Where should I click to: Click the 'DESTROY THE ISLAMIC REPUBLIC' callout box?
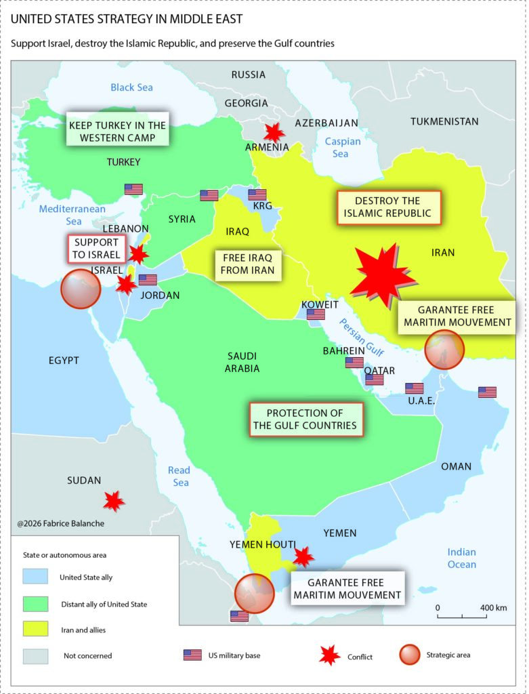click(x=388, y=207)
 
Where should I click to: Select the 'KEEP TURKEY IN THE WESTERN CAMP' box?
click(x=117, y=131)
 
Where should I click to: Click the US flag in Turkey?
click(x=133, y=189)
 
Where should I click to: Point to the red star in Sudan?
click(x=114, y=501)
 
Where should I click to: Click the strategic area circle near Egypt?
click(x=81, y=289)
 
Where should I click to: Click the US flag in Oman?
click(x=487, y=392)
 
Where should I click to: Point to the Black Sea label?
click(x=131, y=87)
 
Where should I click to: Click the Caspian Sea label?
click(x=342, y=148)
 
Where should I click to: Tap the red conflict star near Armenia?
click(x=274, y=132)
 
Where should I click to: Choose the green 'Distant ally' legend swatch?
click(x=35, y=603)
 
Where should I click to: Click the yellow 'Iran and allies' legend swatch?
click(x=35, y=630)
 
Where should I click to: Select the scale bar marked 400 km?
click(x=463, y=615)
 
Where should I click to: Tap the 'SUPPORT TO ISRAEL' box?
click(x=96, y=249)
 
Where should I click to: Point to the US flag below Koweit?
click(x=316, y=314)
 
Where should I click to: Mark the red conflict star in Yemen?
click(x=303, y=556)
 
